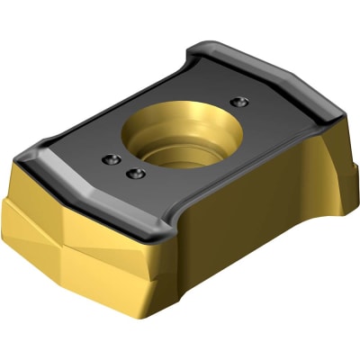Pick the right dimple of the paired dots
(x=136, y=172)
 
